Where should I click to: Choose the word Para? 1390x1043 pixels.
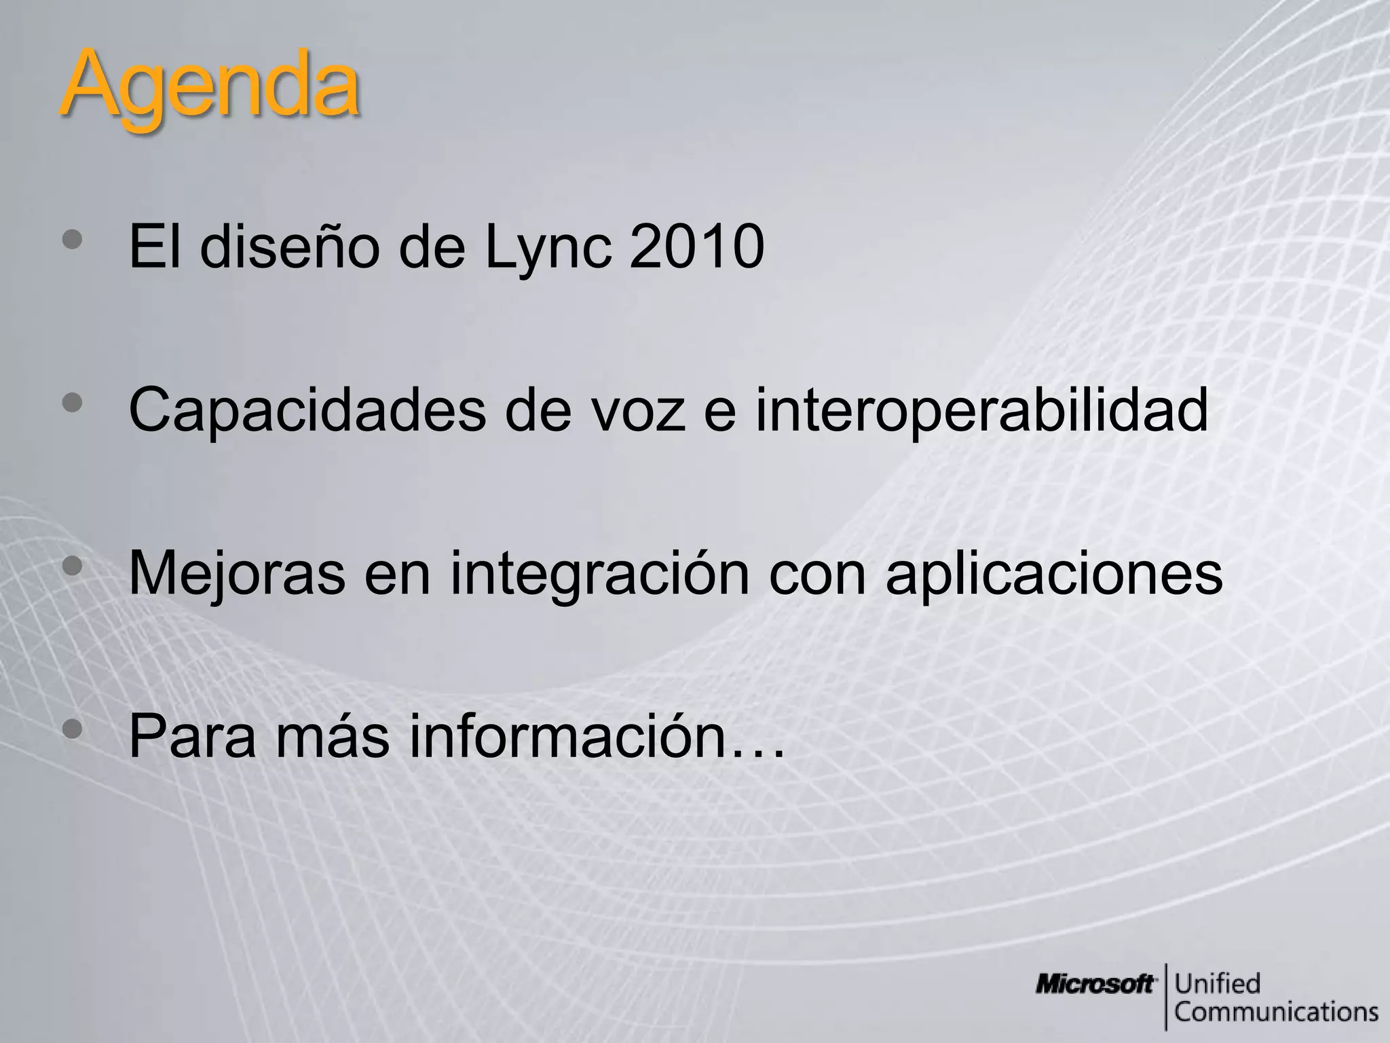pyautogui.click(x=193, y=736)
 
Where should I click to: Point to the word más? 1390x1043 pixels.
pyautogui.click(x=333, y=736)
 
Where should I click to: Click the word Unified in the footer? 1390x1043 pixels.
pyautogui.click(x=1218, y=983)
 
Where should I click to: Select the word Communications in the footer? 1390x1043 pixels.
pyautogui.click(x=1276, y=1012)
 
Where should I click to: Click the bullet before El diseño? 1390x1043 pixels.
pyautogui.click(x=72, y=239)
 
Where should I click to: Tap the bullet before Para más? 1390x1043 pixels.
pyautogui.click(x=72, y=729)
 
